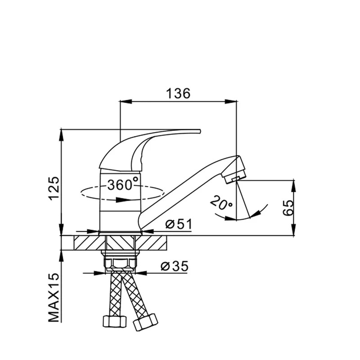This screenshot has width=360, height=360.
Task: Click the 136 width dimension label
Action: pos(178,93)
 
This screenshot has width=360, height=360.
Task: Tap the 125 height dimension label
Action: pos(54,189)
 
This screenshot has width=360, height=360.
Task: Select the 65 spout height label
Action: pos(288,207)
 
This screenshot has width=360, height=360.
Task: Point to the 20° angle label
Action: pos(221,202)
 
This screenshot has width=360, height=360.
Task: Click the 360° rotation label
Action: pos(123,184)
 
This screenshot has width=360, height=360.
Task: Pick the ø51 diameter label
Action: pos(179,224)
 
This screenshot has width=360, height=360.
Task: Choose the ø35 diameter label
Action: pos(175,266)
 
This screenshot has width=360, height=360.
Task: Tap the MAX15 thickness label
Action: pos(54,297)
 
